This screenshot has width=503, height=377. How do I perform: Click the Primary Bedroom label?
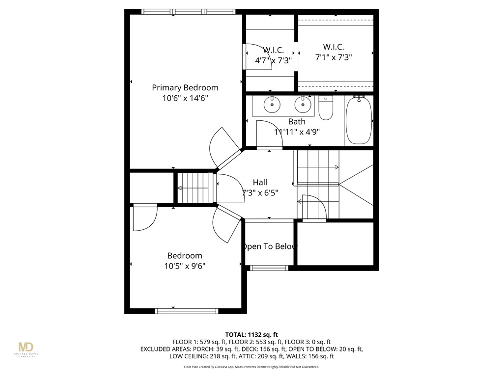[185, 88]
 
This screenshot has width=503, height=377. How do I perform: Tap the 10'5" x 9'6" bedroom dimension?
[185, 266]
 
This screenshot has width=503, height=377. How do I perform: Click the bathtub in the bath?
[359, 120]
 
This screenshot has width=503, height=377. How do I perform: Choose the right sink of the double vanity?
[303, 105]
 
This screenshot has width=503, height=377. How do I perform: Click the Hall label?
[260, 182]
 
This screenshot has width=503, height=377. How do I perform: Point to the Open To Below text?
[270, 246]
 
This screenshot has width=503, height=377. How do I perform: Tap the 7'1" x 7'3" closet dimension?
[334, 57]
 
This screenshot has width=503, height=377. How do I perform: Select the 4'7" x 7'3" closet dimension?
[273, 60]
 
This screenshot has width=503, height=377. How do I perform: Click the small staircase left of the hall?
[196, 188]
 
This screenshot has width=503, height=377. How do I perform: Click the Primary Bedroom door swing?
[221, 148]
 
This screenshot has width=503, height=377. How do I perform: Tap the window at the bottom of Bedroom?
[186, 310]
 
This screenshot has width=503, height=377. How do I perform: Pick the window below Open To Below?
[269, 268]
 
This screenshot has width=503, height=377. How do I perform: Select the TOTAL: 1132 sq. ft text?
[251, 334]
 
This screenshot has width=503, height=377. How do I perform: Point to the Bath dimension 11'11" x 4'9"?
[297, 132]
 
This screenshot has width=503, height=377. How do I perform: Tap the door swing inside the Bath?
[270, 134]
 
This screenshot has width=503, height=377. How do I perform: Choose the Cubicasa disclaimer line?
[251, 367]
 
